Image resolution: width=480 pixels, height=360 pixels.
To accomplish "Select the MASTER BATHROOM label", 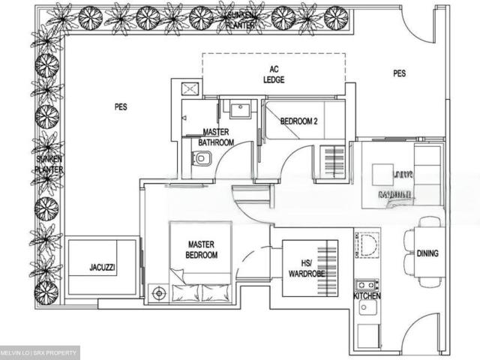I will click(x=216, y=136).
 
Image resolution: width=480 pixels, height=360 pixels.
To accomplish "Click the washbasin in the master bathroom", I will click(x=239, y=110).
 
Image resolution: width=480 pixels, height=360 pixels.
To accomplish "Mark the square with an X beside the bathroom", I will click(x=189, y=89).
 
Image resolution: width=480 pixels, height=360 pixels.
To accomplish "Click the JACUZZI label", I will click(x=102, y=267).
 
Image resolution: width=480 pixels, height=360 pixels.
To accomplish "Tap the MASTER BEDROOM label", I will click(x=202, y=250).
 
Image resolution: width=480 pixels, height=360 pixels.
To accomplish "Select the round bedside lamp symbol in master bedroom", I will click(x=158, y=293).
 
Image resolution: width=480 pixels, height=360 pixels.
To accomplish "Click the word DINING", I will click(x=427, y=253).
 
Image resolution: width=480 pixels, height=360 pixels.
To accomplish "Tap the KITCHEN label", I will click(x=367, y=297).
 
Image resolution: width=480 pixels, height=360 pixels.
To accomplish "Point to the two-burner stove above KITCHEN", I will click(x=367, y=285).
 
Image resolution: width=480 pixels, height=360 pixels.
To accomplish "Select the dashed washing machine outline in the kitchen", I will click(x=367, y=244).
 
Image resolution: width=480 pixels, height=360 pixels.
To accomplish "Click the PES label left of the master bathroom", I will click(x=121, y=107).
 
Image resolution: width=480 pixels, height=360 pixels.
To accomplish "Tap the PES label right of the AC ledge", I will click(x=400, y=73).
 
